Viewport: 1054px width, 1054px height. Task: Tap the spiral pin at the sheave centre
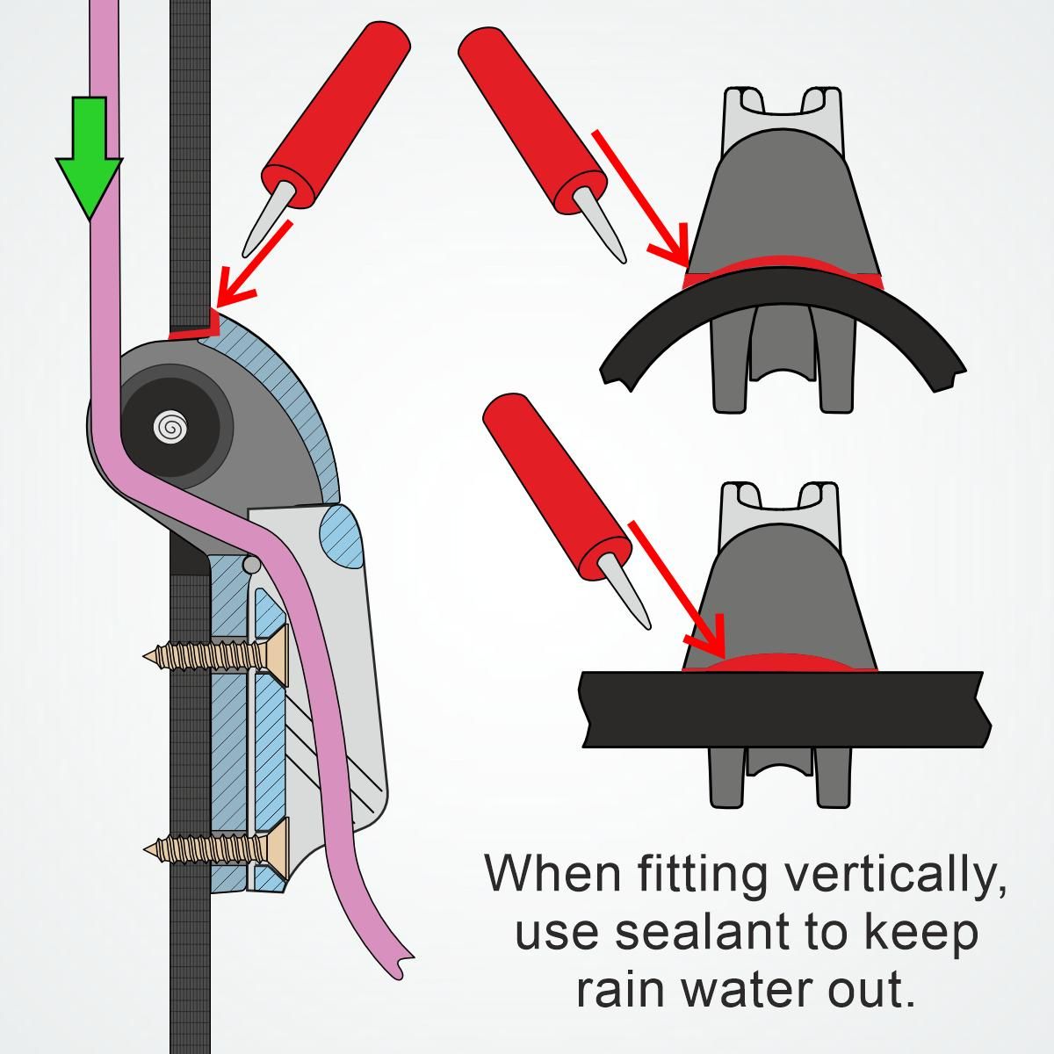coord(170,427)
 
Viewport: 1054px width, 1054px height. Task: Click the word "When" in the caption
coord(553,873)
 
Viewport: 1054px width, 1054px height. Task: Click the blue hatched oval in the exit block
coord(342,536)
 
